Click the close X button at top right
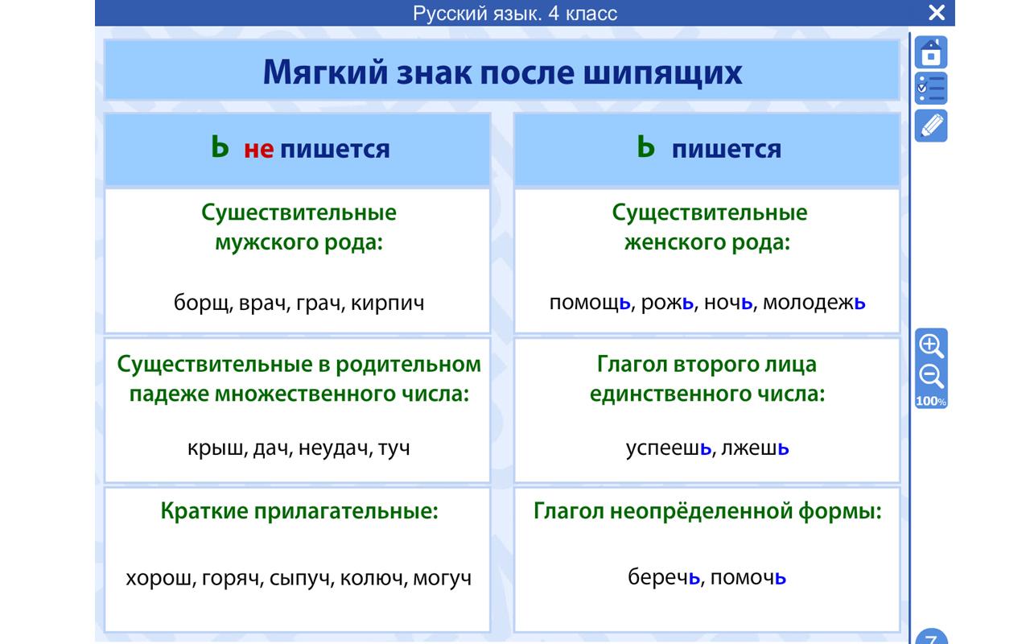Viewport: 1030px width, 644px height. (936, 12)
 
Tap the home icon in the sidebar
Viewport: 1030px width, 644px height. (931, 53)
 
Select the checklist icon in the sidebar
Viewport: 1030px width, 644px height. (931, 89)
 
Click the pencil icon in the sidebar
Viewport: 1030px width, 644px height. (931, 126)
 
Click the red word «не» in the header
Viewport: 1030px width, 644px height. (258, 149)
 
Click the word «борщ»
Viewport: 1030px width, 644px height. (201, 303)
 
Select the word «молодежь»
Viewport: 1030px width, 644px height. (814, 303)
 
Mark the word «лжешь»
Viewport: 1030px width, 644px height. (755, 448)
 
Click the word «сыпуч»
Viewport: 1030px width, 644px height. (299, 578)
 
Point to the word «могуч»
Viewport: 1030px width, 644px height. (442, 578)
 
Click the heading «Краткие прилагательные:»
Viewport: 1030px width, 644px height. (299, 512)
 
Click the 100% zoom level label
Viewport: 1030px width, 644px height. (931, 401)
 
